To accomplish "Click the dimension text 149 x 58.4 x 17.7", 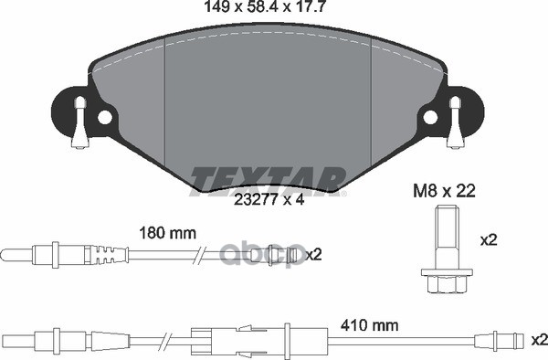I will tap(266, 10).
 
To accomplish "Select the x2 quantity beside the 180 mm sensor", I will tap(313, 253).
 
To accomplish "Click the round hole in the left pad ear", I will tap(104, 117).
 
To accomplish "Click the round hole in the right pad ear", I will tap(428, 117).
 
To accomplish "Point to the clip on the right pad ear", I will tap(452, 123).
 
